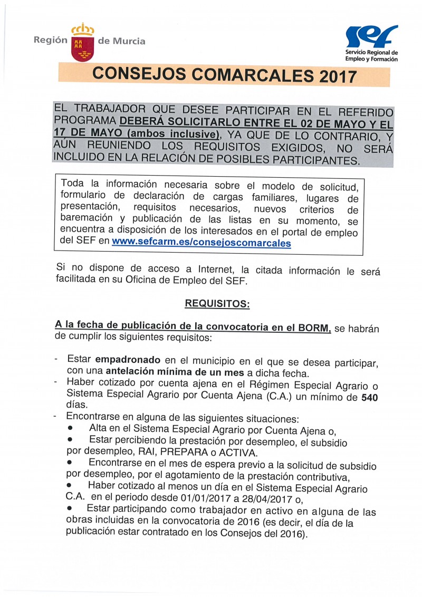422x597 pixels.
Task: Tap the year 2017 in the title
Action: tap(338, 77)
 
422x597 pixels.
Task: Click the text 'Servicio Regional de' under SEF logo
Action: tap(371, 53)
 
